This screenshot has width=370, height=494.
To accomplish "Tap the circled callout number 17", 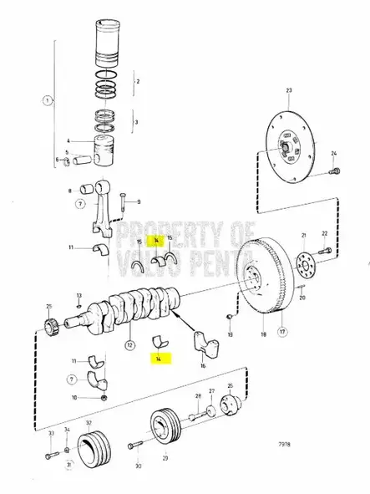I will [281, 331].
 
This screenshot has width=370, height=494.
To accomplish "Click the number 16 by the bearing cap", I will [204, 365].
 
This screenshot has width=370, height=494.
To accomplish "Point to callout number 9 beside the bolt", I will [139, 201].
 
